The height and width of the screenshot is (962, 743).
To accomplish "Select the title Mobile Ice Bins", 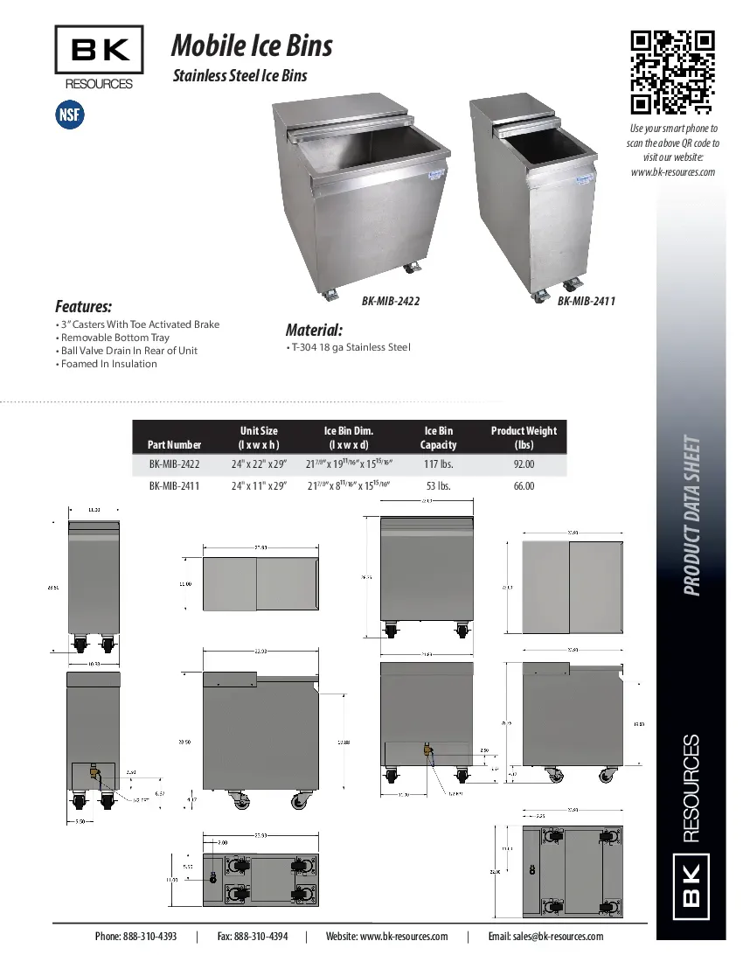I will tap(252, 45).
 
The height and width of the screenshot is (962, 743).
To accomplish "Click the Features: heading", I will tap(83, 307).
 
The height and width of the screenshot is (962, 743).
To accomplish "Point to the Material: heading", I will tap(314, 330).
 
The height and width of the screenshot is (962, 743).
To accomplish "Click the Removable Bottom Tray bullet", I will tap(114, 338).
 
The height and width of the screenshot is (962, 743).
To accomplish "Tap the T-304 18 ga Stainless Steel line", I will tap(350, 347).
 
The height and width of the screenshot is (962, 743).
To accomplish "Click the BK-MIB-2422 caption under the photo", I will tap(391, 301).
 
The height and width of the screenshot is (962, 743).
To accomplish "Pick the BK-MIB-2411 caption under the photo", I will tap(587, 301).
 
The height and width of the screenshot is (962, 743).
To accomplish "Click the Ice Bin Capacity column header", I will tap(438, 437).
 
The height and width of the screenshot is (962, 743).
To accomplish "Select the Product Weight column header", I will tap(524, 437).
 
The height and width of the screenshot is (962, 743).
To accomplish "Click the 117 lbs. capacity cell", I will tap(438, 465).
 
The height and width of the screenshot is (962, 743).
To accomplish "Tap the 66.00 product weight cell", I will tap(524, 486).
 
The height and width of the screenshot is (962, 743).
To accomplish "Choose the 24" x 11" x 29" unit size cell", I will tap(259, 486).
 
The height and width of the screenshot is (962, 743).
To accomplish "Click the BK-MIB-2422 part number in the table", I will tap(174, 465).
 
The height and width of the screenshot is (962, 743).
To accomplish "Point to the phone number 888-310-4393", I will tap(135, 936).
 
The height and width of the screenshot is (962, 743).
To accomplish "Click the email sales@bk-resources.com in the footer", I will tap(545, 936).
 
